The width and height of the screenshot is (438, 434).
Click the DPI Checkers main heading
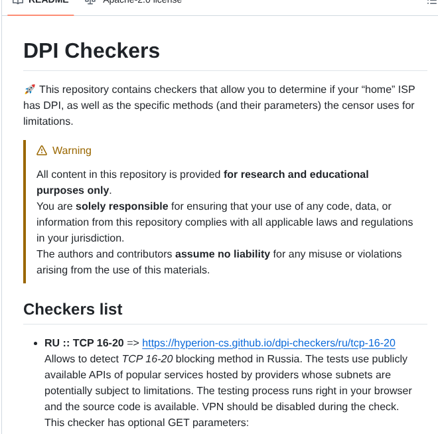pyautogui.click(x=92, y=50)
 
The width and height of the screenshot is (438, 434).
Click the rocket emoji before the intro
pyautogui.click(x=29, y=89)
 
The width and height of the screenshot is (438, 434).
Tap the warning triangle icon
pyautogui.click(x=42, y=151)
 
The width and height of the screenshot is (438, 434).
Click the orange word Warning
pyautogui.click(x=72, y=151)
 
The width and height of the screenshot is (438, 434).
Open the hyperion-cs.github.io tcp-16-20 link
pyautogui.click(x=269, y=343)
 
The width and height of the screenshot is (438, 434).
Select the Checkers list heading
pyautogui.click(x=72, y=309)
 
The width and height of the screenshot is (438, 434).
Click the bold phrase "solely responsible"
pyautogui.click(x=121, y=206)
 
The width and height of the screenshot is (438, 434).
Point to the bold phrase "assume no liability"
pyautogui.click(x=222, y=253)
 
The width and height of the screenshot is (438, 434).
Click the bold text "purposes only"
pyautogui.click(x=73, y=190)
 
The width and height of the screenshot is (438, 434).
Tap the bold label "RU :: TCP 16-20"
pyautogui.click(x=84, y=343)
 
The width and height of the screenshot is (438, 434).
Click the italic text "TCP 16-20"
pyautogui.click(x=147, y=359)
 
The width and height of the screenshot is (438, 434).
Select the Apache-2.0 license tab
pyautogui.click(x=142, y=2)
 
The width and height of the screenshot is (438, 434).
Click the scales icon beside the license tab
pyautogui.click(x=91, y=2)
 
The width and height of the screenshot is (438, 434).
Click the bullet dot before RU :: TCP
pyautogui.click(x=36, y=344)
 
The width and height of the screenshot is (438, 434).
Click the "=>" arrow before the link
pyautogui.click(x=133, y=343)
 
